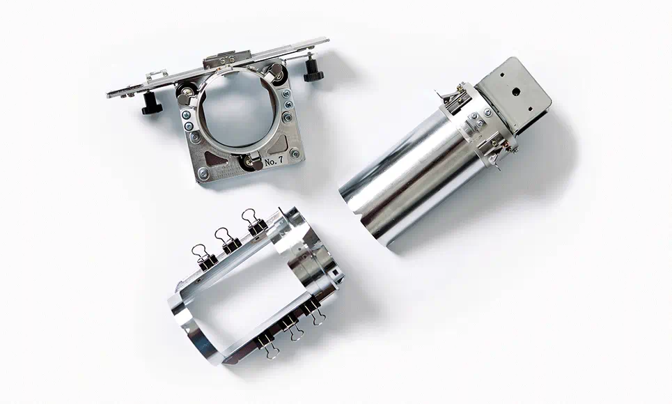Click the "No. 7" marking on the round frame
click(x=274, y=162)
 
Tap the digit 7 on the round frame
click(x=280, y=160)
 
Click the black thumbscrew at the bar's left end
click(x=150, y=103)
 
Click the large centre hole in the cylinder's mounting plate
click(x=516, y=91)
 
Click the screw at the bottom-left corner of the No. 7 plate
click(x=204, y=173)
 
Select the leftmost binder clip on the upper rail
click(x=204, y=257)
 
